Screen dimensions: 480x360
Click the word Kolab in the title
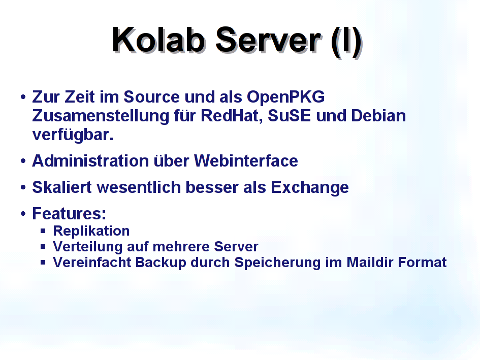158,40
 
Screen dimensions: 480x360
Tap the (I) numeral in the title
346,42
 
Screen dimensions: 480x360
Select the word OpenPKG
285,97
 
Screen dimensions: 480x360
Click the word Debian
378,116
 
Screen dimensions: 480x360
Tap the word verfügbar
73,135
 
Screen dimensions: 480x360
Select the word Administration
90,161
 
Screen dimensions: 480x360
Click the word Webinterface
246,161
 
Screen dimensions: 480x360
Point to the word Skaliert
62,187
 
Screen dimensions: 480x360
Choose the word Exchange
310,188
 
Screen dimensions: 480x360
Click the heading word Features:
69,213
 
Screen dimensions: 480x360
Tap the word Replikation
91,231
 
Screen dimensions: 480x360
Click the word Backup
161,263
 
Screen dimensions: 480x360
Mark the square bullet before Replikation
43,231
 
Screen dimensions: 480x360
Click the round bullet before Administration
23,161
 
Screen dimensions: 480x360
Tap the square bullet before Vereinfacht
43,263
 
